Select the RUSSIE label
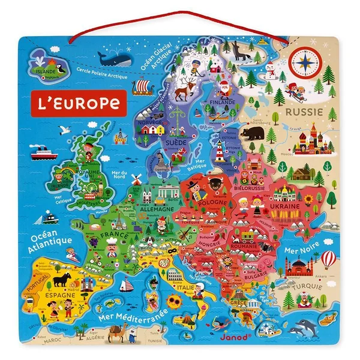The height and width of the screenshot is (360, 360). click(304, 112)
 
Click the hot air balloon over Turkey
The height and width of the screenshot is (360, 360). click(328, 259)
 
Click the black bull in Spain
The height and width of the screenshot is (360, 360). click(62, 280)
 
